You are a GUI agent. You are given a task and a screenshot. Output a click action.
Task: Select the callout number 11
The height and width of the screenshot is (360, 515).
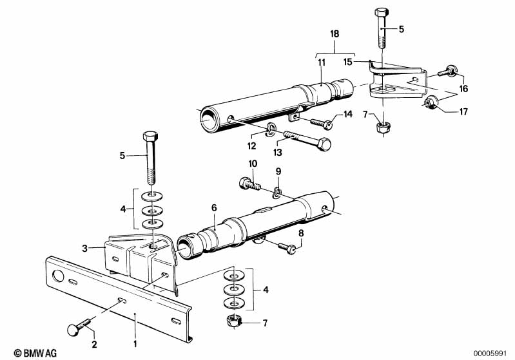[321, 62]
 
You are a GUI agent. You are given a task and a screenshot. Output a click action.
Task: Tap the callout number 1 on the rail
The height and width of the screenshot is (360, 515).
[135, 315]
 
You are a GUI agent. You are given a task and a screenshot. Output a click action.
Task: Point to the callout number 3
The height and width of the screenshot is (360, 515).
[84, 246]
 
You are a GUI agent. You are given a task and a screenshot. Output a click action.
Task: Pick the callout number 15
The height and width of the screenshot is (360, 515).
[348, 62]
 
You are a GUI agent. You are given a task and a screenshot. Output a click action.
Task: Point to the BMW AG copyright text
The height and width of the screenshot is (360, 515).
[24, 352]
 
